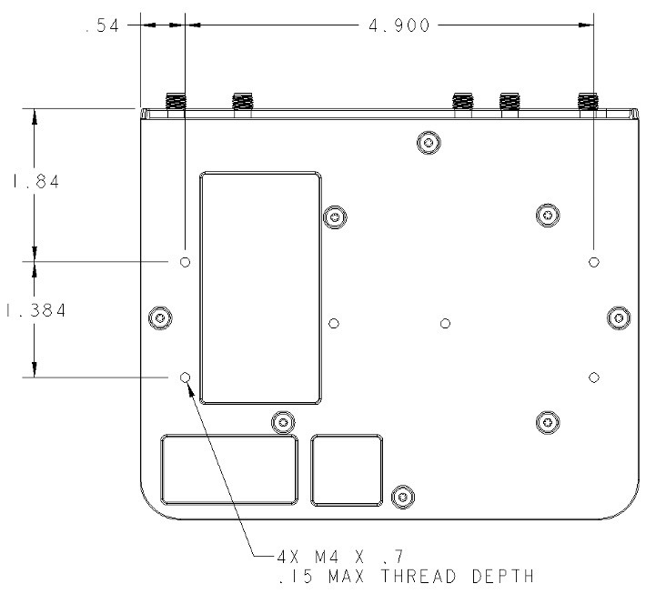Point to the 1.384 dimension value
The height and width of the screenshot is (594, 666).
(x=35, y=311)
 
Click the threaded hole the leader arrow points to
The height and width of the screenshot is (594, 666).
(x=186, y=377)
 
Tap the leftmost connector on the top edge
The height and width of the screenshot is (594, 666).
(x=175, y=103)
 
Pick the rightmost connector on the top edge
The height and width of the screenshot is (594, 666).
(x=590, y=103)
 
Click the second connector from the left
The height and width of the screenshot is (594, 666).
(x=242, y=103)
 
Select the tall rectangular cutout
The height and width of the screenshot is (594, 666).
(x=260, y=287)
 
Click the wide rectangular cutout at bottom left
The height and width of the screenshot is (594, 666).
(x=229, y=469)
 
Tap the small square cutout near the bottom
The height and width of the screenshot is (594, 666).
(x=347, y=469)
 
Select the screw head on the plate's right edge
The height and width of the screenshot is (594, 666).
(x=619, y=317)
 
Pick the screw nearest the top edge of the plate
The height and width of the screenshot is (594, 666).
(x=427, y=141)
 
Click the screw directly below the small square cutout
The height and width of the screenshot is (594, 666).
(x=400, y=496)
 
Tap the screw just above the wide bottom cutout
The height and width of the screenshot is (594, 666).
(x=284, y=422)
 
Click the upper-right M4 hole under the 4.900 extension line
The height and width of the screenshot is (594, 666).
(x=593, y=262)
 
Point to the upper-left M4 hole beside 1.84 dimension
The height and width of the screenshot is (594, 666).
(x=186, y=262)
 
